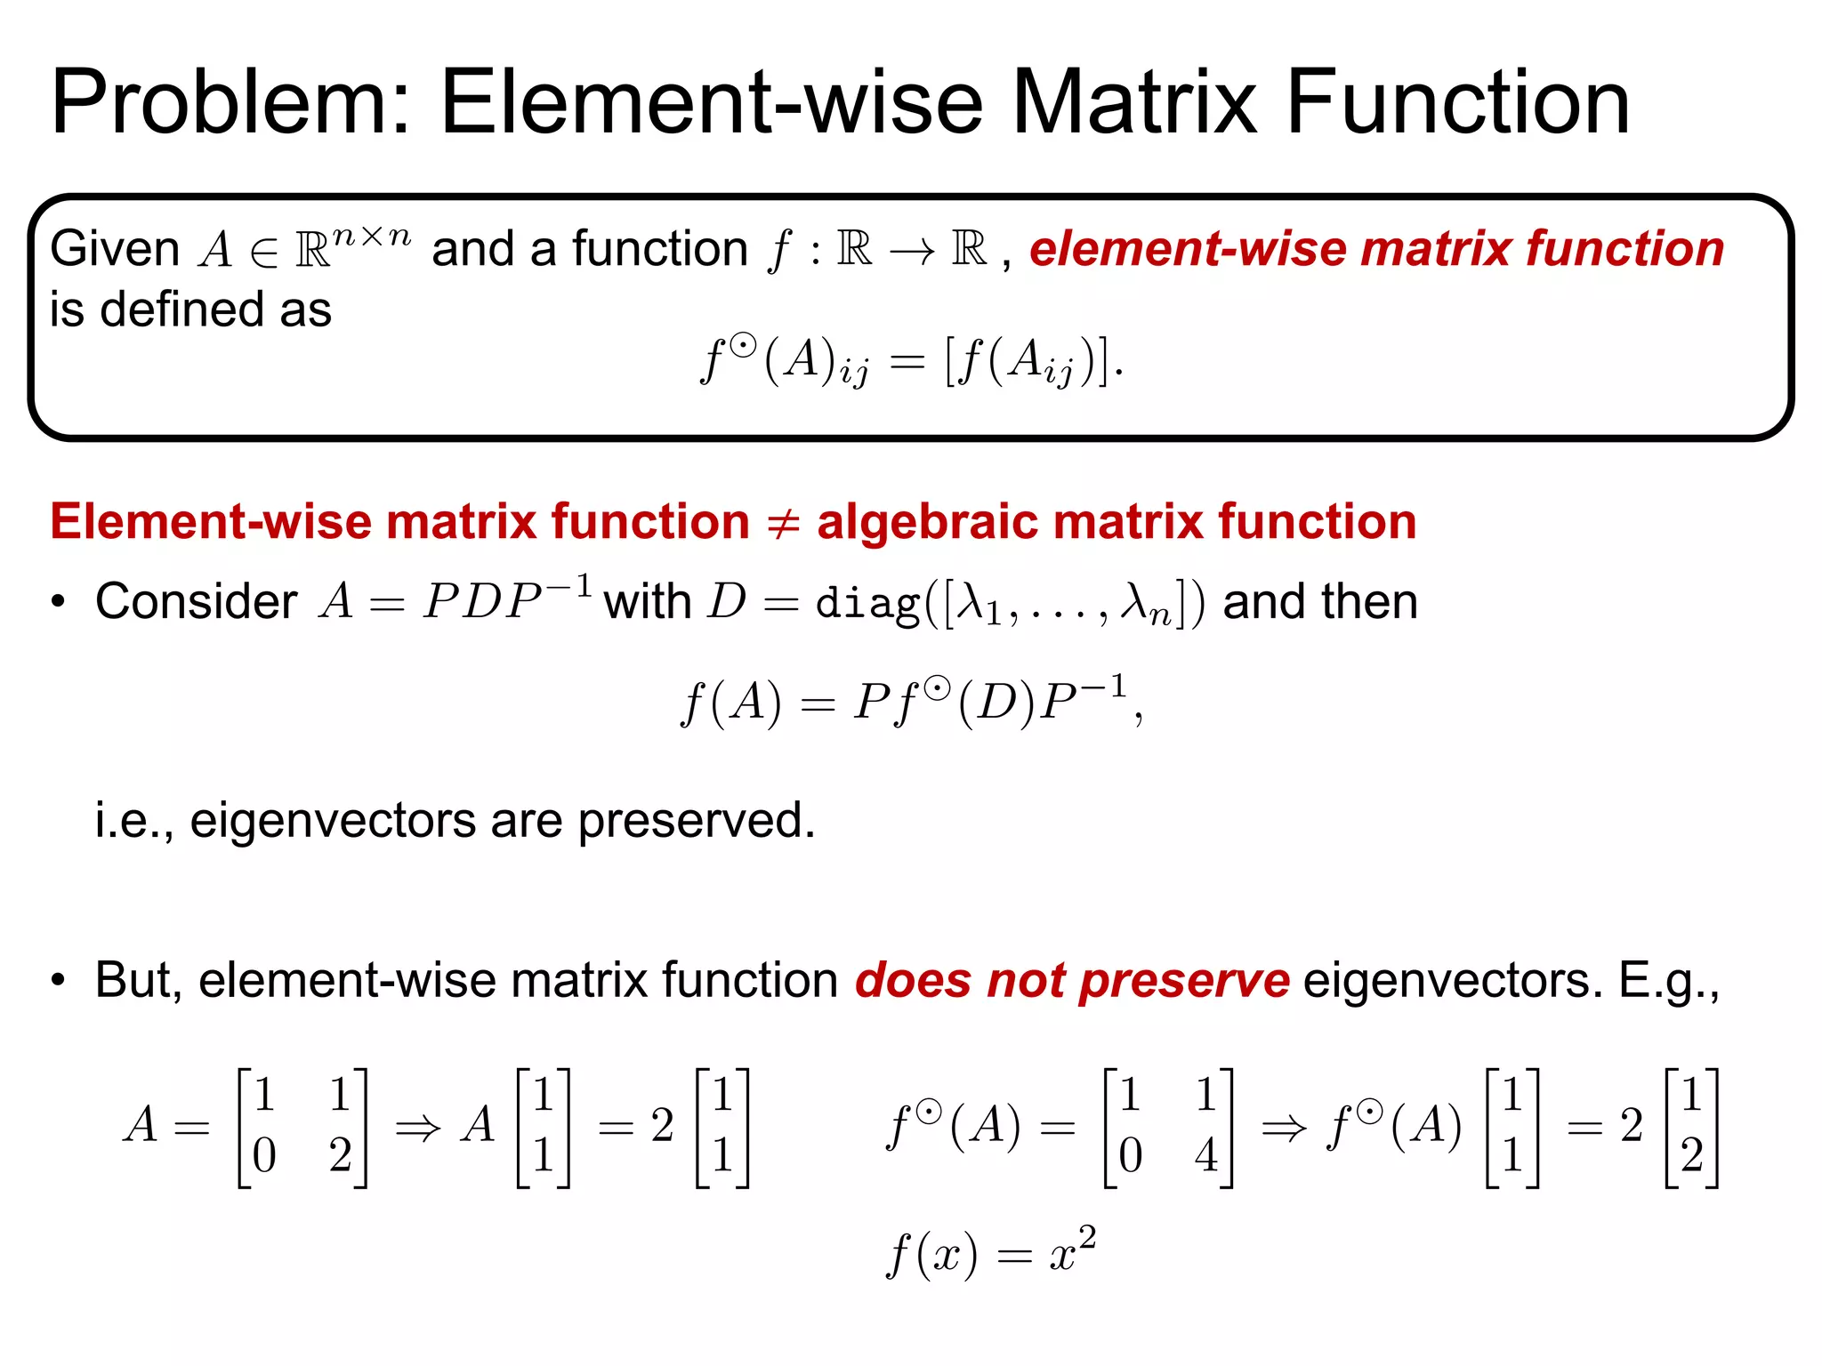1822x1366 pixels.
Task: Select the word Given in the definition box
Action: (114, 248)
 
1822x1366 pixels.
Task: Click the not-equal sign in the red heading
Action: (783, 523)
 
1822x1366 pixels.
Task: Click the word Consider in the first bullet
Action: (196, 601)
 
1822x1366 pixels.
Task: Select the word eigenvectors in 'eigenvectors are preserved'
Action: (332, 819)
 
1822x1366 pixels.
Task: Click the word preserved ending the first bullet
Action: (696, 819)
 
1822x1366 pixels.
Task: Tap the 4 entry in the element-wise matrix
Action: (1205, 1155)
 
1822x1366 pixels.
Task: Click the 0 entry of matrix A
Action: (264, 1155)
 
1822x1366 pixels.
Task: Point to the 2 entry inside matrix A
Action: (340, 1155)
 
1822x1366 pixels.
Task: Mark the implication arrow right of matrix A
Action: (417, 1128)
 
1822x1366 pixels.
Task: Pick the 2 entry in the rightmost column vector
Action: (1691, 1155)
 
